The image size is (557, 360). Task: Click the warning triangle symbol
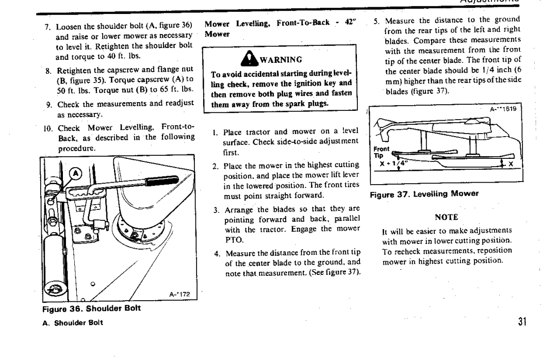(249, 59)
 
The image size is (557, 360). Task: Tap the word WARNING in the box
(281, 59)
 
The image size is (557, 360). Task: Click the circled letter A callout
(75, 174)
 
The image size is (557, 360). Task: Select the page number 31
(522, 322)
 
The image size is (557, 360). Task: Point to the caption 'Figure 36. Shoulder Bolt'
(91, 308)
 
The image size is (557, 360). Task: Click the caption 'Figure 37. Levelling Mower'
(424, 194)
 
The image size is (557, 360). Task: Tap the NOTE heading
(447, 217)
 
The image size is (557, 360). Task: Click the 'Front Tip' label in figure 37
(381, 152)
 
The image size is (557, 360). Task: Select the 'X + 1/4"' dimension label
(394, 163)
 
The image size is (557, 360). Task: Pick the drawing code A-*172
(179, 294)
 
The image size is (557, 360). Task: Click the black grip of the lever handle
(162, 181)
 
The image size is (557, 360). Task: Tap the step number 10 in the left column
(48, 128)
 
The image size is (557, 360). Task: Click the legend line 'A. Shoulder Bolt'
(73, 323)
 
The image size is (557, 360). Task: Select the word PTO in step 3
(234, 240)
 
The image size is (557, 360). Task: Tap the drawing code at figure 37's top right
(503, 109)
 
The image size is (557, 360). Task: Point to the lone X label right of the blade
(511, 164)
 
